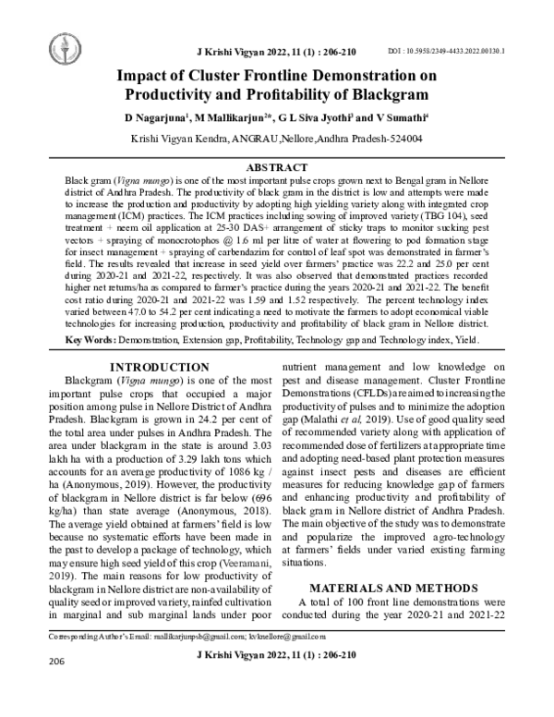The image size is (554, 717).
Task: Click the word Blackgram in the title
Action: point(390,94)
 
